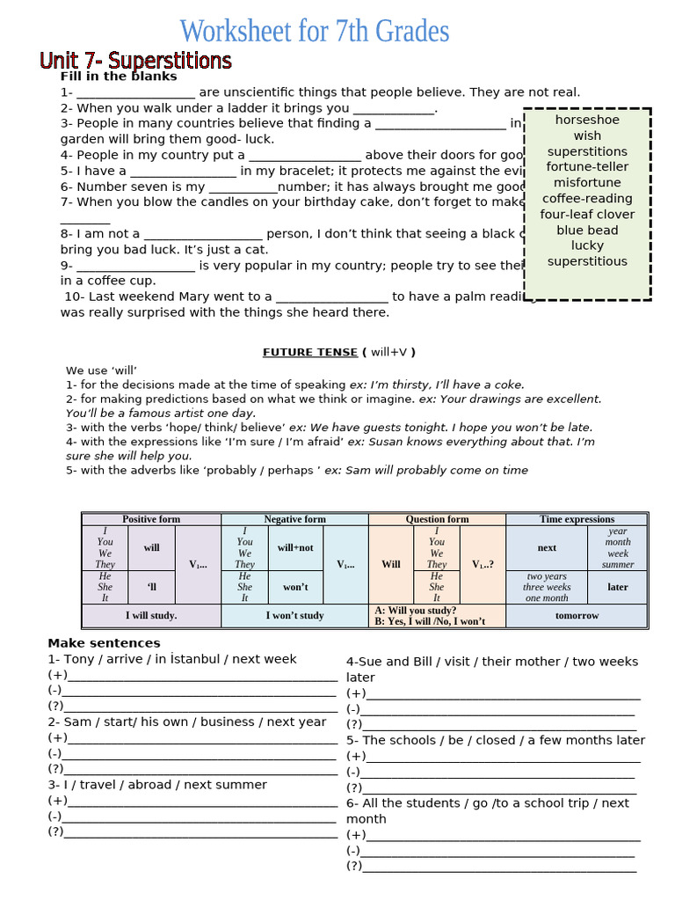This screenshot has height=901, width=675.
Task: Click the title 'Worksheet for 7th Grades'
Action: click(315, 32)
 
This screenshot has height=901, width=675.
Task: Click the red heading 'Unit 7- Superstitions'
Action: click(135, 61)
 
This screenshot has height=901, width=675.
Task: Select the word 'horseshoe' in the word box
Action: click(587, 120)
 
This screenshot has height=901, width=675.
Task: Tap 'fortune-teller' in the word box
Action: click(587, 166)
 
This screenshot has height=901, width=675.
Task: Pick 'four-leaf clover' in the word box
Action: click(587, 214)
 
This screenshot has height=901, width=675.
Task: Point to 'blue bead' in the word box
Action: click(587, 230)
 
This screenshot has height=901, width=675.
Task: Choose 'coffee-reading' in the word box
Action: click(587, 198)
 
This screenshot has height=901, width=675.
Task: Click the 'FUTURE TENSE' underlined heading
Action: click(310, 352)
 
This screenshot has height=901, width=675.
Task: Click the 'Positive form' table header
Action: click(151, 519)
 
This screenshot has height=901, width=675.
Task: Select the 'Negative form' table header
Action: click(294, 519)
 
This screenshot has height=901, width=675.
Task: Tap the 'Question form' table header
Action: click(437, 519)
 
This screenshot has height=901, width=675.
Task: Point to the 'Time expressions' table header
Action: click(577, 519)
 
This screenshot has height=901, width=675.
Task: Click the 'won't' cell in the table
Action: click(295, 587)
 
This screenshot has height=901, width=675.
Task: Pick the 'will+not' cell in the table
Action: click(295, 547)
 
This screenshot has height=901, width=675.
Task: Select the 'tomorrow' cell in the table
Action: click(577, 616)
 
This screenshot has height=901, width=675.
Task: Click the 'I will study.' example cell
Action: click(151, 616)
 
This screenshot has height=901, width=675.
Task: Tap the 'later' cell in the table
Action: click(618, 587)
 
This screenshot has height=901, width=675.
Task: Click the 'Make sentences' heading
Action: click(104, 643)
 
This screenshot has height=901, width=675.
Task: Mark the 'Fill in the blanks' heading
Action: click(119, 77)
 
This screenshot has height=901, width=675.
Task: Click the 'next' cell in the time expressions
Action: click(547, 547)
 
